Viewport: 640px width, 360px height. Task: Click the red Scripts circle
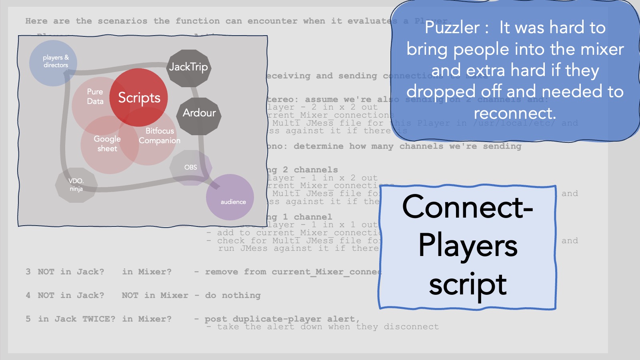[139, 98]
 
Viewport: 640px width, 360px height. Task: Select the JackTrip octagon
[188, 67]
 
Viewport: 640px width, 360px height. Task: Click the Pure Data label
[95, 96]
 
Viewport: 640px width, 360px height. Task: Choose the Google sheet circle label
[107, 144]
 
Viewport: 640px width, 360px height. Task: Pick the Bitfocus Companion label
[159, 136]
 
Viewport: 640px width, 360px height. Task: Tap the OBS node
[191, 167]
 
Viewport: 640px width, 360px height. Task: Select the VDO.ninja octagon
[76, 185]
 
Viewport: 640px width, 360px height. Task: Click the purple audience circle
[230, 198]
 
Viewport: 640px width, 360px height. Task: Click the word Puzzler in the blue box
[452, 28]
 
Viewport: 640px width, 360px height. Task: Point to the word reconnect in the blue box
[514, 113]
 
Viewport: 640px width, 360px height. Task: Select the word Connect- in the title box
[468, 207]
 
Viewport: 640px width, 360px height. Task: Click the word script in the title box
[468, 285]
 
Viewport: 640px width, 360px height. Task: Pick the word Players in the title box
[468, 246]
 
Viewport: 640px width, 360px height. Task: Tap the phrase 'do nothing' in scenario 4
[233, 295]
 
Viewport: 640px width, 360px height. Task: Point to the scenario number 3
[28, 272]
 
